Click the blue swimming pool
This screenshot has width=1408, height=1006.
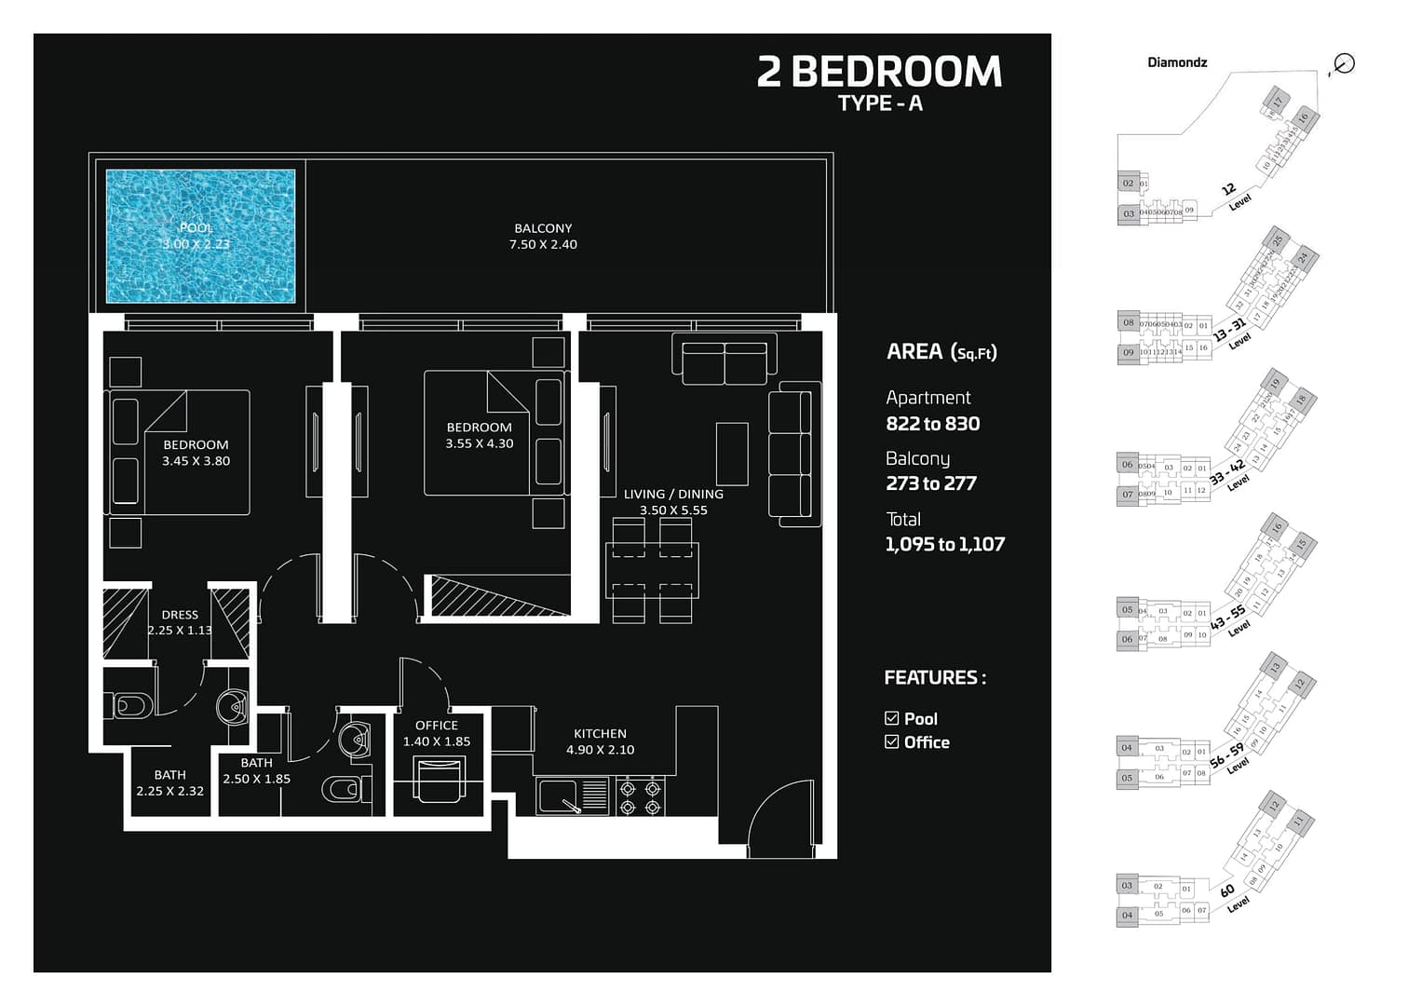200,236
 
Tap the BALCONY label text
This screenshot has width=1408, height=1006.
543,228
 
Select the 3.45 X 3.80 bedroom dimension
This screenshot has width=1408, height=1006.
196,461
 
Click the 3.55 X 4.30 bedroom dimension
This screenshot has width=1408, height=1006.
479,444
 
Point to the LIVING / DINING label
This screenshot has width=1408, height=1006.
673,495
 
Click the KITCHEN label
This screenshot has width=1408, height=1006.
600,734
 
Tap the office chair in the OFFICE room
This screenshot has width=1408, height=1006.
439,779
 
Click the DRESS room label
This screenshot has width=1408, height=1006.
180,615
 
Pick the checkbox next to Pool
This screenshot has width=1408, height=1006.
892,718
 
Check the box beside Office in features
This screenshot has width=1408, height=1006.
892,742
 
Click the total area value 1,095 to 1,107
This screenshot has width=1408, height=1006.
944,545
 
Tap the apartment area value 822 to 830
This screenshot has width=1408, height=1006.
932,424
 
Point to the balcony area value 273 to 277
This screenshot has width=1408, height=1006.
930,483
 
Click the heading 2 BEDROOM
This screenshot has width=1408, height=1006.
879,73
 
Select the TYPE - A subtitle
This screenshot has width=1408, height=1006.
880,103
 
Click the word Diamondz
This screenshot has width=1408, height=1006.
1177,62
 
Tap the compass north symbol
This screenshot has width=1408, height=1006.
1343,63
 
